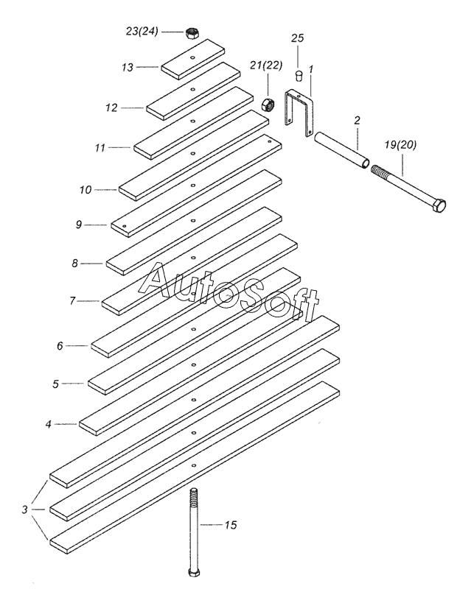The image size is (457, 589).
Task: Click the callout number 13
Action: click(x=128, y=67)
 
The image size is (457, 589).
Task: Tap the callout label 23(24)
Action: click(x=142, y=32)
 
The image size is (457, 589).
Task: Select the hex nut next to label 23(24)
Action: click(x=192, y=32)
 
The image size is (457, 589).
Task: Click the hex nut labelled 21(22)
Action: click(x=268, y=104)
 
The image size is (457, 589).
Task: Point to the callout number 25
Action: click(x=297, y=38)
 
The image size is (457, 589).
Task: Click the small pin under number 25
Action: click(x=299, y=75)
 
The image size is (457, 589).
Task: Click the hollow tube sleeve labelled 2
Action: click(x=341, y=150)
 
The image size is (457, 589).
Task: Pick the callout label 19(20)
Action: click(x=398, y=145)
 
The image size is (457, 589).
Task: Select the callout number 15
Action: click(x=230, y=525)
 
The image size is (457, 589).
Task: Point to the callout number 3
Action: click(x=25, y=508)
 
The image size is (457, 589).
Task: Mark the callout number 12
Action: click(x=111, y=107)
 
